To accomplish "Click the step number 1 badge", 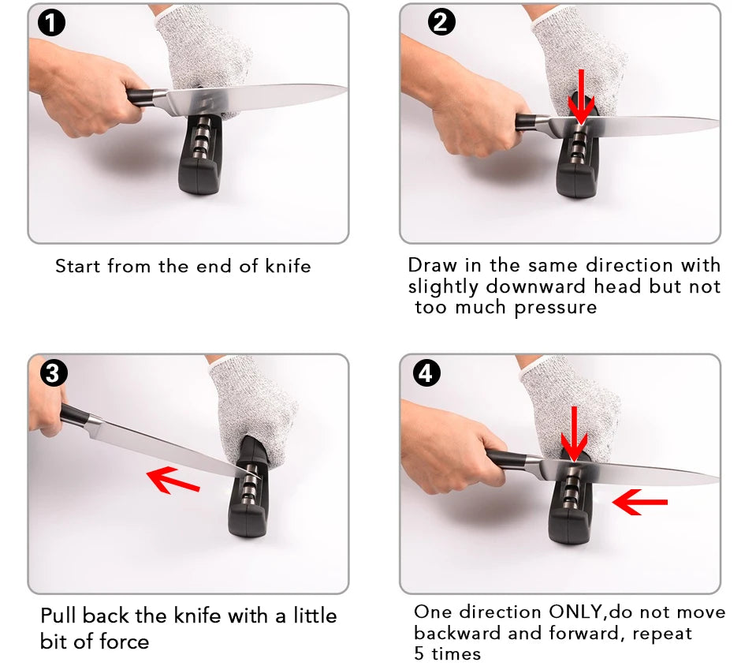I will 52,24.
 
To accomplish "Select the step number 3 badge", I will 52,373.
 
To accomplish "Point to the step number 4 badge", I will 426,373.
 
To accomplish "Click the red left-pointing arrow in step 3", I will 173,479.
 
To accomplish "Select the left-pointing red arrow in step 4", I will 640,501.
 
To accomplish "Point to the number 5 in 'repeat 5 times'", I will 419,653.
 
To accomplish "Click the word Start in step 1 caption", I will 78,267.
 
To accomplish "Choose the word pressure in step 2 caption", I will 556,307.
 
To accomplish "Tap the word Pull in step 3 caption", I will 59,615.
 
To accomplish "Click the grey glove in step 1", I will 205,47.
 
